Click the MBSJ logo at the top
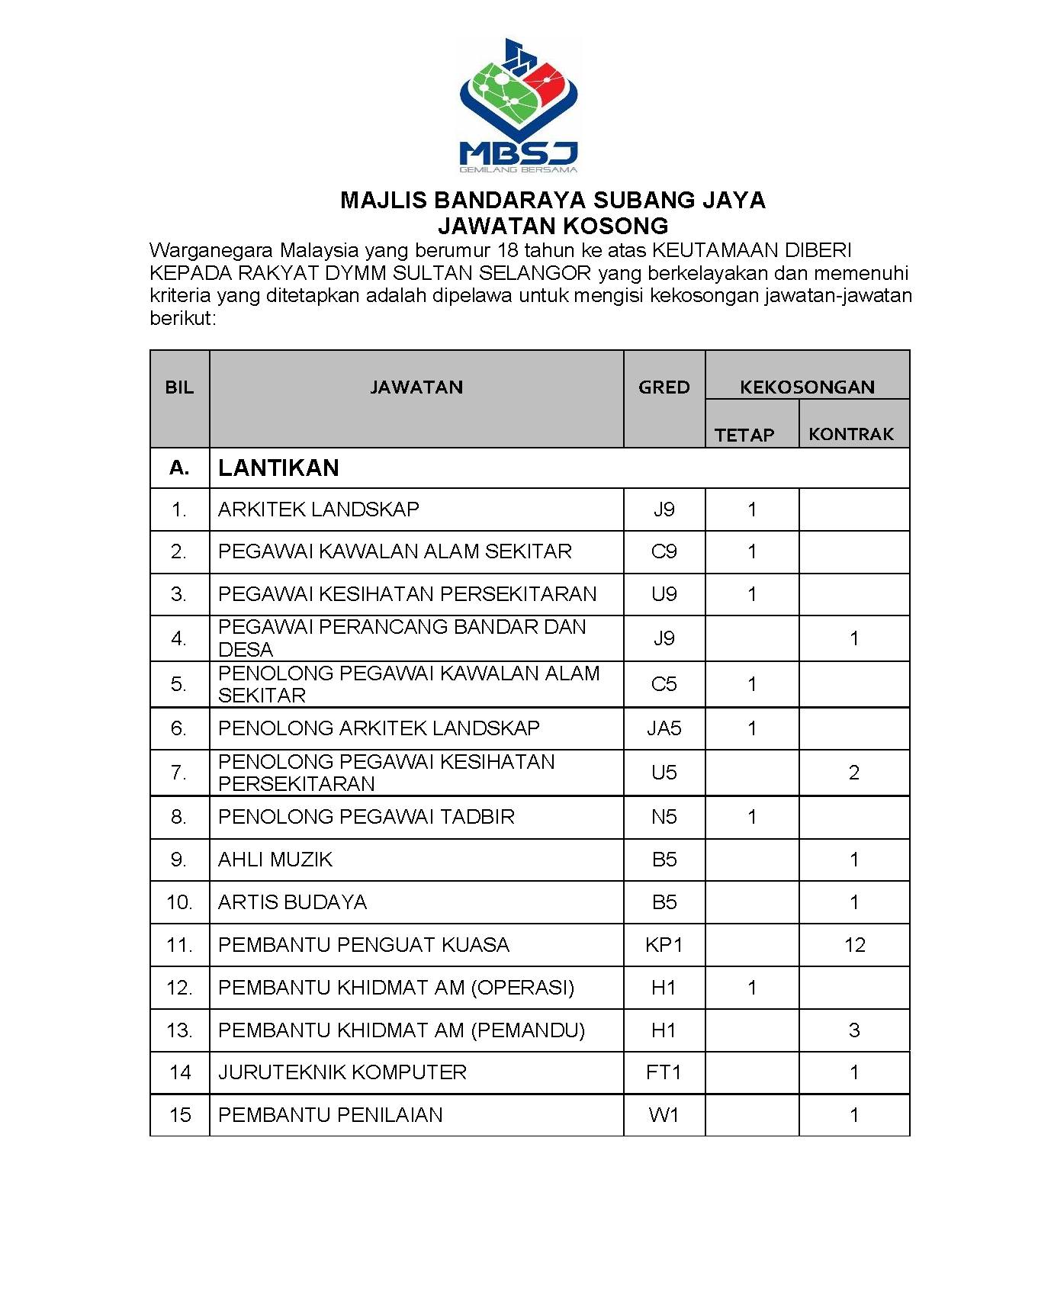click(519, 105)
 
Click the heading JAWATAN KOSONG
click(553, 226)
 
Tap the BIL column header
click(179, 387)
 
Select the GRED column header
click(664, 387)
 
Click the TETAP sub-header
click(744, 435)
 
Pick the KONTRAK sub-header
click(851, 434)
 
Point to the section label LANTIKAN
click(278, 468)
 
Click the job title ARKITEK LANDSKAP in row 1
click(319, 509)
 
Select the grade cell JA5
click(664, 728)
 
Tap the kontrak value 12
click(854, 945)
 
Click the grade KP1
click(664, 945)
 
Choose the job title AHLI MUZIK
click(275, 860)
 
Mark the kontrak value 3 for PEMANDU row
click(854, 1030)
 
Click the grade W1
click(664, 1115)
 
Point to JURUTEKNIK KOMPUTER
click(342, 1072)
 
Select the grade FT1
click(664, 1072)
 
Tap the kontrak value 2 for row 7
click(854, 773)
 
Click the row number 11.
click(179, 945)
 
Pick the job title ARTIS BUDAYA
click(292, 902)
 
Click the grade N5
click(664, 817)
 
